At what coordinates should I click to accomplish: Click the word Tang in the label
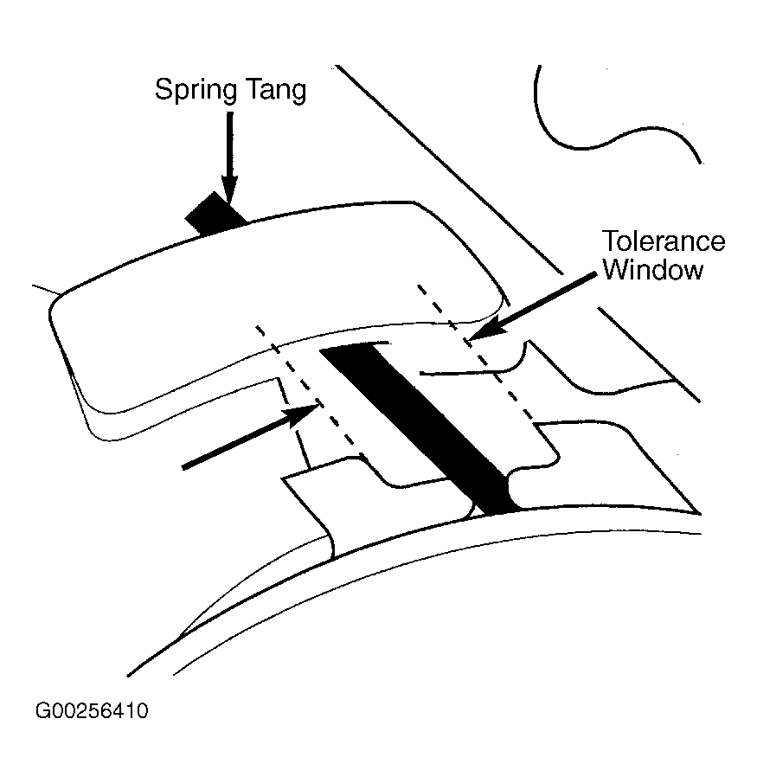pyautogui.click(x=274, y=91)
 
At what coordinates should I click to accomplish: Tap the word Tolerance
pyautogui.click(x=664, y=241)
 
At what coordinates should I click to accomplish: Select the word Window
pyautogui.click(x=653, y=270)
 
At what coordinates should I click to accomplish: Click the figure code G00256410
pyautogui.click(x=92, y=712)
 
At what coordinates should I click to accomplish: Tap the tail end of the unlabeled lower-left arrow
pyautogui.click(x=185, y=467)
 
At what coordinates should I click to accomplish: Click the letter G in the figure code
pyautogui.click(x=42, y=712)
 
